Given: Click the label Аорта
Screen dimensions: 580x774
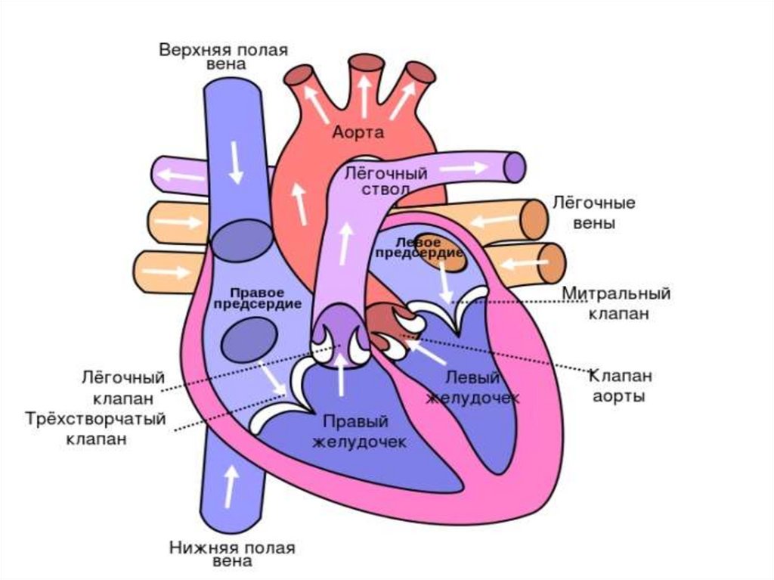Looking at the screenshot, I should [x=358, y=132].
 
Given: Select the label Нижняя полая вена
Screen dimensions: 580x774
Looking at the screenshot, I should [x=232, y=554].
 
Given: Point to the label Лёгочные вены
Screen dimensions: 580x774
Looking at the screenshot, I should [x=593, y=212].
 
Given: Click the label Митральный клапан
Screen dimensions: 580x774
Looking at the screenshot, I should [x=618, y=302].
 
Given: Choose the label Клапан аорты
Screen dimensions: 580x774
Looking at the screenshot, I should [x=620, y=385].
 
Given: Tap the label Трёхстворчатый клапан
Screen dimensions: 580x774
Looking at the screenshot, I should [x=95, y=428].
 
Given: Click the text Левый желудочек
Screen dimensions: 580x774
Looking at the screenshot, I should [x=472, y=386].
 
